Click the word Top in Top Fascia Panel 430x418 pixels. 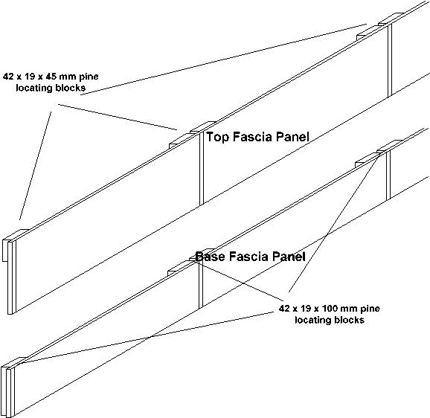pos(217,137)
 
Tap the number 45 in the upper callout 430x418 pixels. pos(51,76)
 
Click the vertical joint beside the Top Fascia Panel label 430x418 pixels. pos(202,168)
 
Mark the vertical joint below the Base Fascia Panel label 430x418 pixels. pos(201,285)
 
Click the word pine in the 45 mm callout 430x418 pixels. pos(89,77)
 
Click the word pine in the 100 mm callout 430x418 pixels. pos(370,309)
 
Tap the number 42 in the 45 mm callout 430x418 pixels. pos(8,76)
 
